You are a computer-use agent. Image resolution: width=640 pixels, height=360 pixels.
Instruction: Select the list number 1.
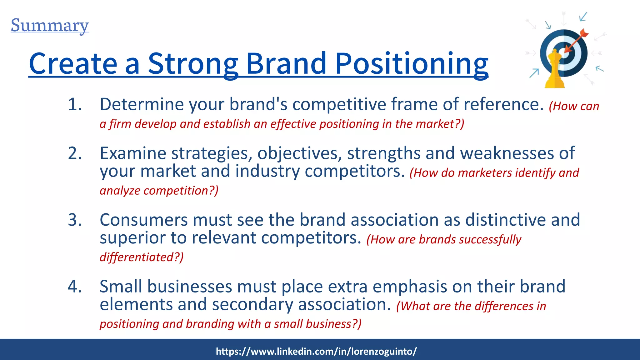[x=75, y=104]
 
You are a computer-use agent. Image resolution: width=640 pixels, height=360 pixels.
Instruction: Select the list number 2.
[x=75, y=153]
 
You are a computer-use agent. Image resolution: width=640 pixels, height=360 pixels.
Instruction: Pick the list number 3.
[x=75, y=220]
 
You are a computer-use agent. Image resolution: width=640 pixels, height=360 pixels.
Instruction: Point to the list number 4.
[x=75, y=287]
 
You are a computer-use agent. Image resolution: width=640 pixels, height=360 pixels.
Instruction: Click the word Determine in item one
[x=142, y=104]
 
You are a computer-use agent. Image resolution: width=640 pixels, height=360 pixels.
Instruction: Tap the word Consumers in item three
[x=143, y=220]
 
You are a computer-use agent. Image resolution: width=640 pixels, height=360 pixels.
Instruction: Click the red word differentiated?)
[x=142, y=257]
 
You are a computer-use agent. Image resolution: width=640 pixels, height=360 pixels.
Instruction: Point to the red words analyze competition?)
[x=159, y=191]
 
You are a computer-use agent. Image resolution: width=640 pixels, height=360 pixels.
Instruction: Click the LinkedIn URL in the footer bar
[x=316, y=351]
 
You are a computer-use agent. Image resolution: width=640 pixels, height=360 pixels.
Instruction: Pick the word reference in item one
[x=503, y=104]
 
